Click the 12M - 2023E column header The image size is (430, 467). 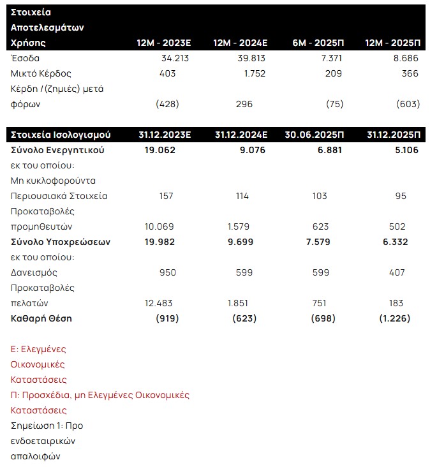click(164, 43)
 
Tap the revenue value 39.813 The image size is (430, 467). click(240, 58)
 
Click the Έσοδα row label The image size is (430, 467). click(25, 58)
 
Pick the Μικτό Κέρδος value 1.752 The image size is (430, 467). click(241, 73)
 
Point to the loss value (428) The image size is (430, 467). click(167, 104)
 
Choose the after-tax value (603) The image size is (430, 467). click(408, 104)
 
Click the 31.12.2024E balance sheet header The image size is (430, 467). click(241, 135)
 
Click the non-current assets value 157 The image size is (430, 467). click(166, 196)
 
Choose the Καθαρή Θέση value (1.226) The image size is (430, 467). click(394, 318)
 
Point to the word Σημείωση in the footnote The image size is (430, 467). click(33, 426)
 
